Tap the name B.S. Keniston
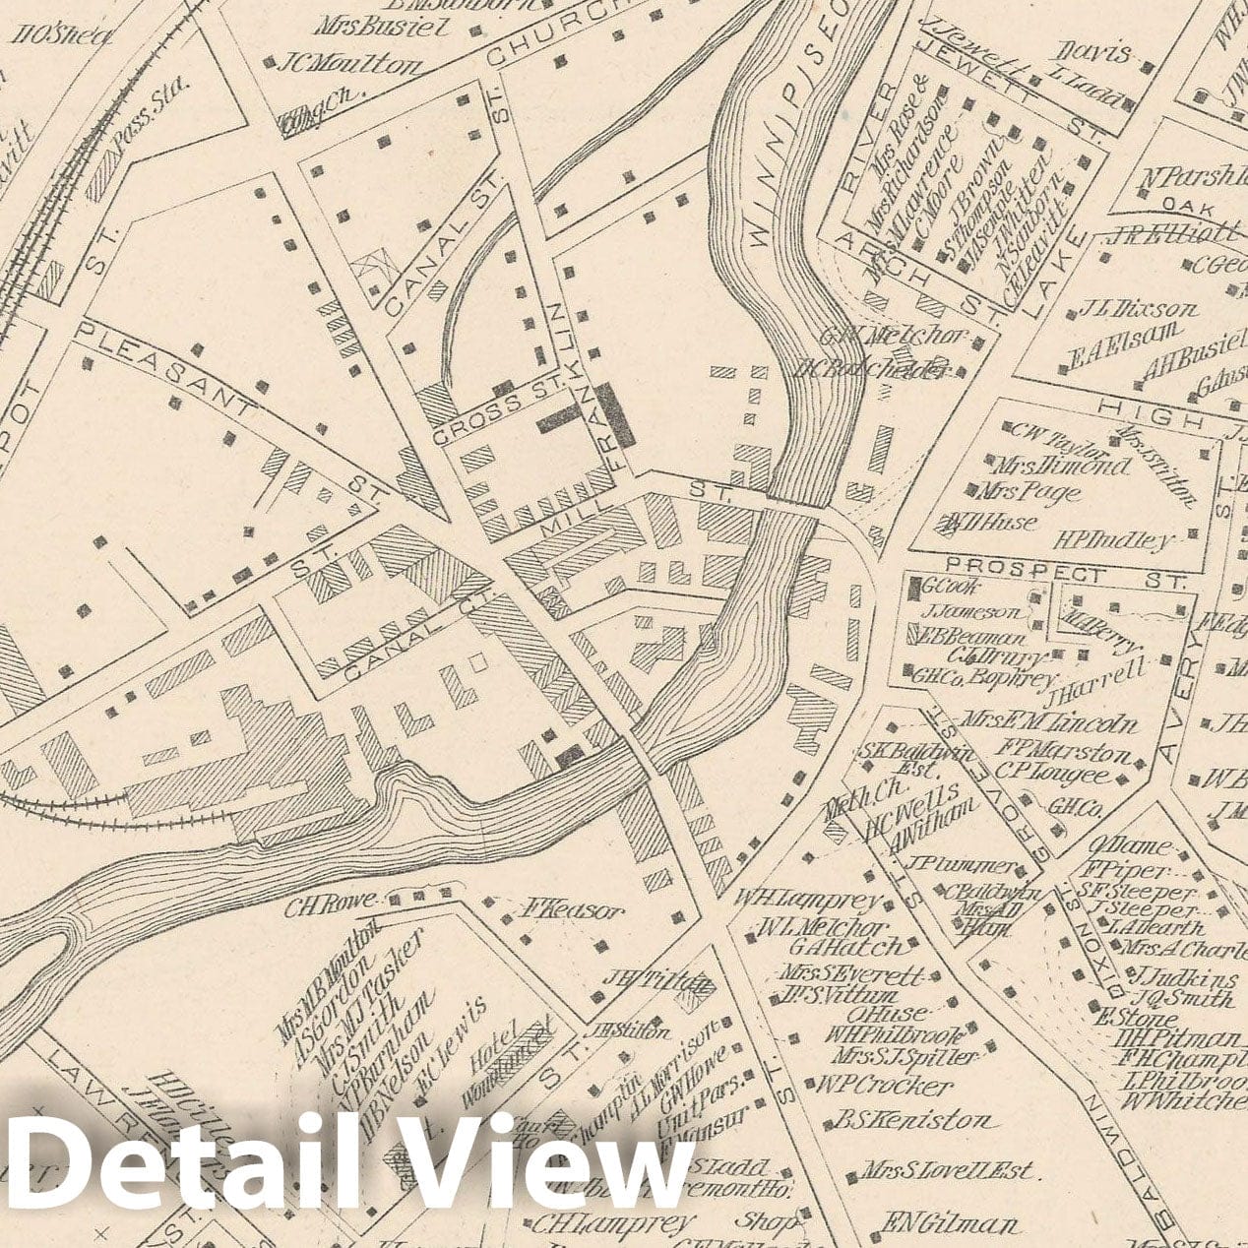[x=913, y=1121]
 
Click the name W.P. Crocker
[x=884, y=1086]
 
